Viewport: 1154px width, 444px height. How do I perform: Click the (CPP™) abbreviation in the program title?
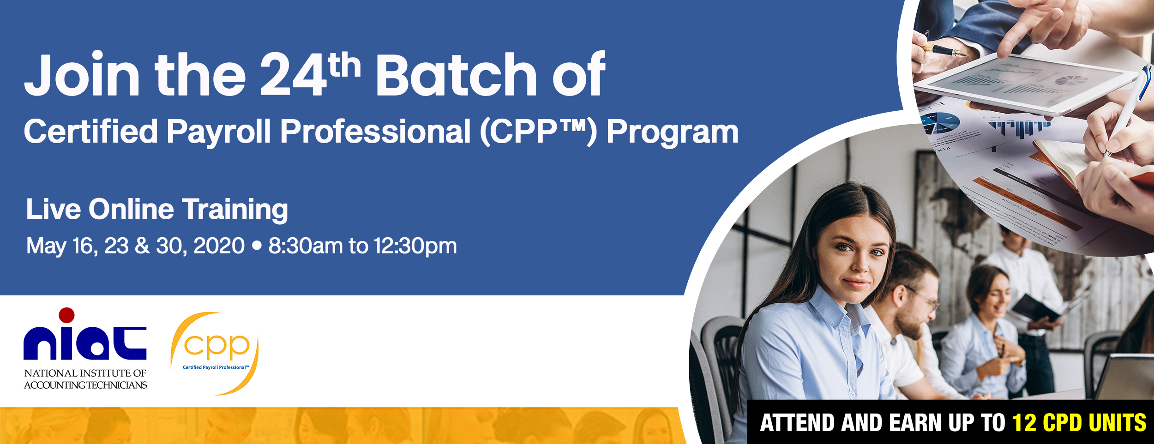click(x=538, y=132)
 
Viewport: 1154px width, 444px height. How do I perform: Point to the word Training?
click(x=235, y=210)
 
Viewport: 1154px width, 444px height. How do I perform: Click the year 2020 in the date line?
click(x=219, y=246)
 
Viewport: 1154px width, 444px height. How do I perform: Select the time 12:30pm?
click(x=415, y=246)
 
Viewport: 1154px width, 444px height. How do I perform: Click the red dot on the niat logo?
click(x=66, y=315)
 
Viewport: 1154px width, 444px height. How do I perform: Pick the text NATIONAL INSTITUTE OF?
click(x=85, y=373)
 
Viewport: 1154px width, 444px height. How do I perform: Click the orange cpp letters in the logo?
click(x=216, y=346)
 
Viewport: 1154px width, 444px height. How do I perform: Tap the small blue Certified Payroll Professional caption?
click(x=216, y=367)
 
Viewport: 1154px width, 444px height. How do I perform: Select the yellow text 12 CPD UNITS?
click(x=1079, y=423)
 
